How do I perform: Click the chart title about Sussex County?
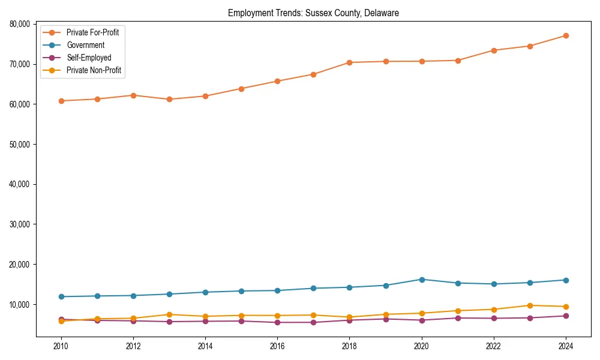click(313, 13)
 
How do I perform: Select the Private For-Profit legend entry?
click(92, 32)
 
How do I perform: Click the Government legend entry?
click(85, 45)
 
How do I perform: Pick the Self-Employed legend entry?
click(89, 58)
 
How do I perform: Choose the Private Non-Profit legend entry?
click(94, 70)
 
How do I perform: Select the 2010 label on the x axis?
click(61, 346)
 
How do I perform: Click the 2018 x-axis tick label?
click(349, 346)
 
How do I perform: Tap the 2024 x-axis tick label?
click(566, 346)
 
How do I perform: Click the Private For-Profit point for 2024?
click(566, 36)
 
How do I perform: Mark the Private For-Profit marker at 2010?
click(61, 101)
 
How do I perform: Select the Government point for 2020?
click(422, 280)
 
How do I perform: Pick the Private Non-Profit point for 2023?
click(530, 305)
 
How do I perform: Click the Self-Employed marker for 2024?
click(566, 316)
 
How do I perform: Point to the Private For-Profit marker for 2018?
click(349, 62)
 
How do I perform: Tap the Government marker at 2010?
click(61, 296)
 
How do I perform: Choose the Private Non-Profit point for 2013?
click(169, 314)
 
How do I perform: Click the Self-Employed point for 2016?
click(277, 322)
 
